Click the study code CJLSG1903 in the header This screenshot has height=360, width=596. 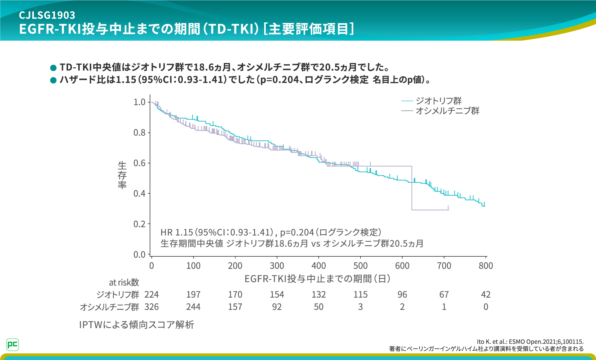coord(47,15)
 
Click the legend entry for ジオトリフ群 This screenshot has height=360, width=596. coord(438,101)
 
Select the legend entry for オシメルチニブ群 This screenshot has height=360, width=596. coord(447,111)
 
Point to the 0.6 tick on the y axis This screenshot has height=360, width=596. coord(139,163)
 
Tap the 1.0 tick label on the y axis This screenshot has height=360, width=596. coord(139,102)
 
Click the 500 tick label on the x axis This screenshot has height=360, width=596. coord(360,266)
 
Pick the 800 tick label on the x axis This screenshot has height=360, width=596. coord(486,266)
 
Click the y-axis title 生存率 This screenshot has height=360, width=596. coord(122,175)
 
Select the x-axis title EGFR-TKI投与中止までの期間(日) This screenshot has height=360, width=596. coord(317,279)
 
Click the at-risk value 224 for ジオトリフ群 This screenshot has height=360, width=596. coord(151,295)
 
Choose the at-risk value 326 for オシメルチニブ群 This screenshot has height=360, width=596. coord(151,307)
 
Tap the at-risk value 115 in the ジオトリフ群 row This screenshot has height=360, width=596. coord(360,295)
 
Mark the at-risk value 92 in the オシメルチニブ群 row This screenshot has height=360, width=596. coord(277,307)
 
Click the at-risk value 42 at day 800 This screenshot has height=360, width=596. coord(486,295)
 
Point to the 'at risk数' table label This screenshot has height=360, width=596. coord(124,282)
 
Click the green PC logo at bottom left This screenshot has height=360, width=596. coord(12,344)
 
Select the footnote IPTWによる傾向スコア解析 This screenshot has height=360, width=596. coord(137,325)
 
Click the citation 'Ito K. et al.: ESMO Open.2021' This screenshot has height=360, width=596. coord(530,342)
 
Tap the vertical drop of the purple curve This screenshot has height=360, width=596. coord(412,188)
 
